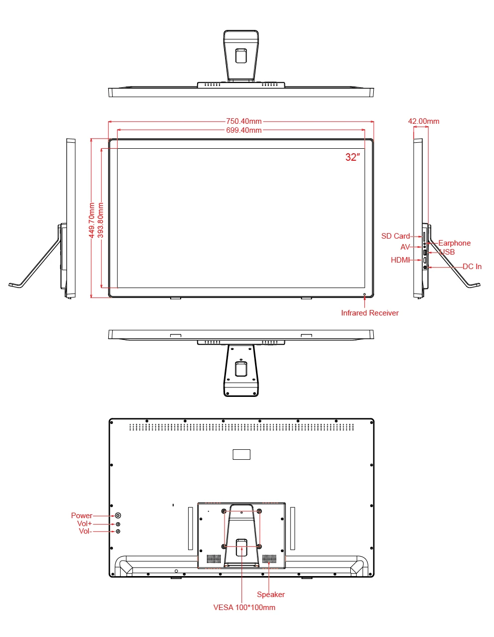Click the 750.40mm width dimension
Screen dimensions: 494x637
pos(244,121)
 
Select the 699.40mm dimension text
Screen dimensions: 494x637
pos(244,130)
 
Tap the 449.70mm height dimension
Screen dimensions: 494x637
pos(92,220)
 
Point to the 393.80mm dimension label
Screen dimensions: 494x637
pos(100,220)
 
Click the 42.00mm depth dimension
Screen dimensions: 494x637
pos(423,121)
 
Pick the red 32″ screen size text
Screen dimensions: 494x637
pos(352,157)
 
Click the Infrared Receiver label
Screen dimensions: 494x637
pos(369,313)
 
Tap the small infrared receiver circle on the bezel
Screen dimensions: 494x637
pos(364,294)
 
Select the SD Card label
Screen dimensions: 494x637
pos(395,236)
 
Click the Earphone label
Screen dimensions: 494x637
pos(454,243)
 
